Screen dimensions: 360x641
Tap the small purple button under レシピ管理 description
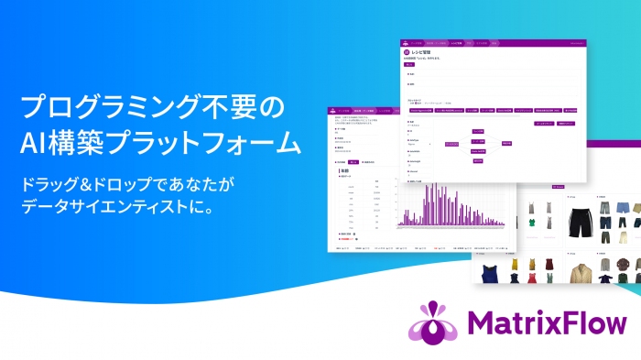pos(408,66)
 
